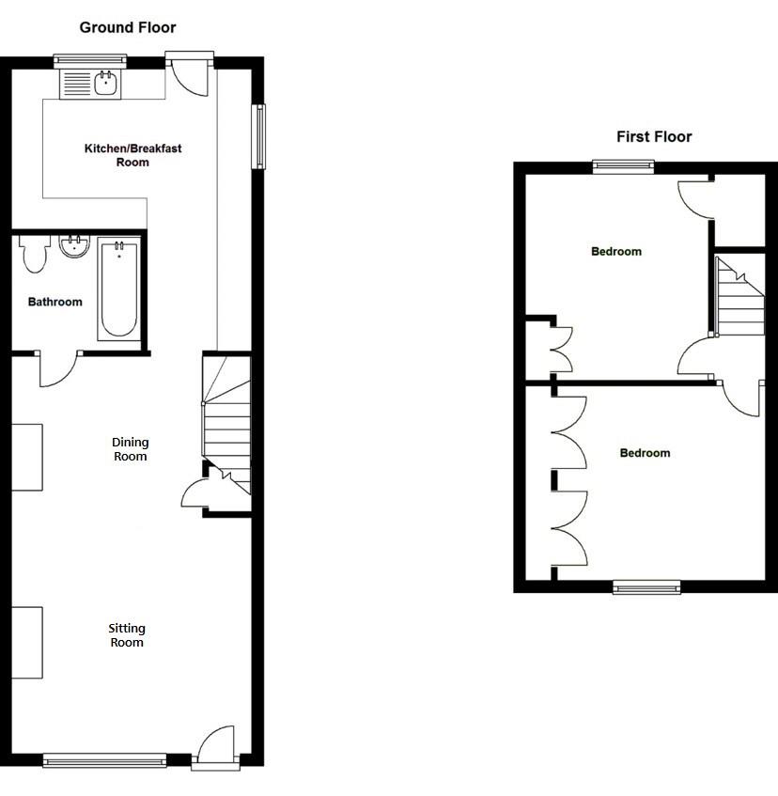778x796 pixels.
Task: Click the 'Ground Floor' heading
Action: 127,27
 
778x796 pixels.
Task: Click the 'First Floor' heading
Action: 654,136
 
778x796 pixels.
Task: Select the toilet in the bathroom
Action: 34,254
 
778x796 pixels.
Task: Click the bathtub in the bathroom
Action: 118,290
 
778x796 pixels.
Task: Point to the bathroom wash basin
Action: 74,247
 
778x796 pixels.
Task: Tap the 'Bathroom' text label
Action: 54,302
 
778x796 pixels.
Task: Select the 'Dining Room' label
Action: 130,449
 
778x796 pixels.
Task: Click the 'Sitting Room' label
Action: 126,635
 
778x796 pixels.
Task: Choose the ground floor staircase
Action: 227,423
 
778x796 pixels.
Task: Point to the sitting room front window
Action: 104,758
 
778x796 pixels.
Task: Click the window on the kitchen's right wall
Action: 257,136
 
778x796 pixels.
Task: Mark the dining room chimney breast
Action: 27,457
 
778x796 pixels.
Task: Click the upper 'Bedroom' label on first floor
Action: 615,251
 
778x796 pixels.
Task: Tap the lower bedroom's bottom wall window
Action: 646,586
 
